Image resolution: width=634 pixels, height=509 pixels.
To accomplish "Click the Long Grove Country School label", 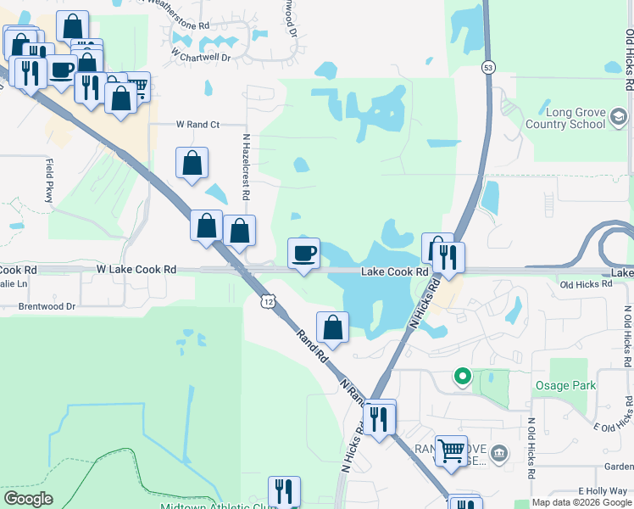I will [576, 118].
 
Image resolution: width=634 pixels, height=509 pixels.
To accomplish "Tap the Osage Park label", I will [565, 386].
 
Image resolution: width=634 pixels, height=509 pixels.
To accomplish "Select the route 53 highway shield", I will [487, 66].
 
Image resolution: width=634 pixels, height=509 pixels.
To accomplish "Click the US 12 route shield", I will [269, 301].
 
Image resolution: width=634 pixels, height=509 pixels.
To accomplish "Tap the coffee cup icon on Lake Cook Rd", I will [304, 252].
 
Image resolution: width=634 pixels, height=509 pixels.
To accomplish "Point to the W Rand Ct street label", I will [197, 125].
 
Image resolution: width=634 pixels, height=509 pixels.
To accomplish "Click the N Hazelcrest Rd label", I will [246, 165].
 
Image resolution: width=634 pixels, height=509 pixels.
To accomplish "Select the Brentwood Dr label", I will [47, 305].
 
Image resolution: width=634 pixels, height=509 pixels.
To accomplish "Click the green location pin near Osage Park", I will [462, 375].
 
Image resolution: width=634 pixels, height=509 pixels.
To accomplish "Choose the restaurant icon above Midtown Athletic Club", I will [284, 490].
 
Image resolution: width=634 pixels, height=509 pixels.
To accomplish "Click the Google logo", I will [29, 499].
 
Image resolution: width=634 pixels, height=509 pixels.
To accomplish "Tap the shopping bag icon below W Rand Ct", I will [192, 162].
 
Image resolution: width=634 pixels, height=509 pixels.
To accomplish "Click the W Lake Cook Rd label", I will [136, 269].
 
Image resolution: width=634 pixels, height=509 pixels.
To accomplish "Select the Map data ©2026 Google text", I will [581, 503].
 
